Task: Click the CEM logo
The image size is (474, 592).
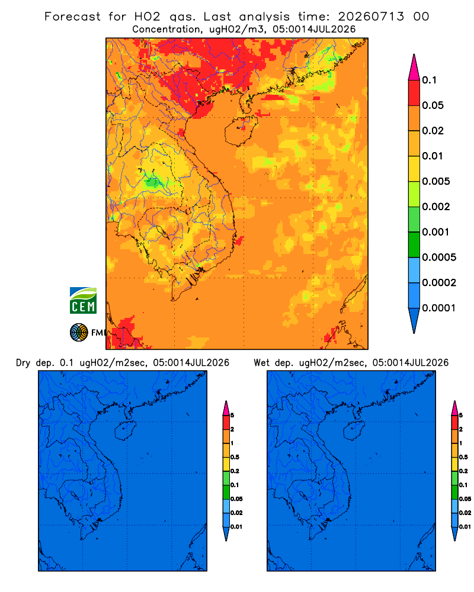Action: pos(83,300)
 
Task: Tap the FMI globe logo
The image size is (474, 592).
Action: pos(79,332)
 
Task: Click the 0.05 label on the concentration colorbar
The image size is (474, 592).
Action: pos(433,105)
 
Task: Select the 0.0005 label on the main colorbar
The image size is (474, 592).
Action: pos(439,258)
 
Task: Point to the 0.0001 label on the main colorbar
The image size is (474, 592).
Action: pos(439,308)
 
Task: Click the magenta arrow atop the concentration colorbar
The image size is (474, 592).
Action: pos(414,67)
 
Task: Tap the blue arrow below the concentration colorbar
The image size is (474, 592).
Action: pos(414,320)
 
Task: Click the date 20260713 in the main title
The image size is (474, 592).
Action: pos(371,17)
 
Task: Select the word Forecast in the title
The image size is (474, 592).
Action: pos(72,17)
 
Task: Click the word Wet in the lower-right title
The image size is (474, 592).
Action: pos(261,363)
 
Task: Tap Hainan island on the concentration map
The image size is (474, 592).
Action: pos(241,131)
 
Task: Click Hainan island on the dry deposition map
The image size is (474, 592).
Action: pos(125,431)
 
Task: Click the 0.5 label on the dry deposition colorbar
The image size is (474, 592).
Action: pos(235,457)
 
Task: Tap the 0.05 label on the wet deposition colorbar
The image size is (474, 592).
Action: pos(465,499)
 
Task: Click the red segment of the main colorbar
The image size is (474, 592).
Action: pos(414,92)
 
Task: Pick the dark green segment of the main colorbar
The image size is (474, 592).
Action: pos(414,244)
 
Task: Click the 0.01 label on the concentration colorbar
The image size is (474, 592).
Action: pos(433,156)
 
